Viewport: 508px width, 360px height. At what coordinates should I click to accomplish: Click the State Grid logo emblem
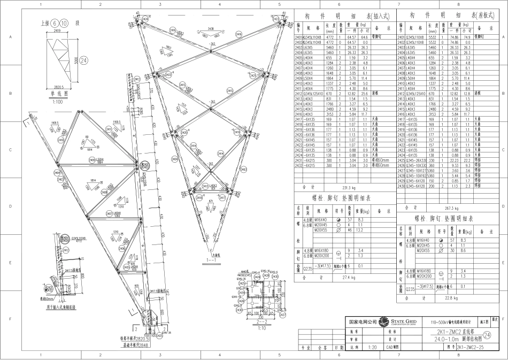382,322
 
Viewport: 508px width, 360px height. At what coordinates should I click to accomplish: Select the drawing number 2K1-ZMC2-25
470,347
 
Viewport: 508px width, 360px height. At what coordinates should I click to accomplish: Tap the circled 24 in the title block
486,335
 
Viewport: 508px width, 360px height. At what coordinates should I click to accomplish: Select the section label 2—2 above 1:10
262,322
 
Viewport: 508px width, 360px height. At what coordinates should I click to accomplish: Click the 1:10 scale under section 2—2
262,328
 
